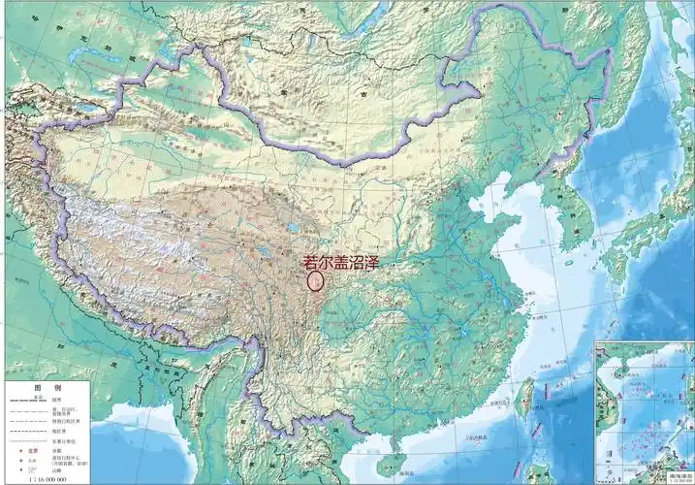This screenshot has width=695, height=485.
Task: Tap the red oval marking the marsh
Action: pos(315,281)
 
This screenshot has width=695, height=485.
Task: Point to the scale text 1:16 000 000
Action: pos(48,478)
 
